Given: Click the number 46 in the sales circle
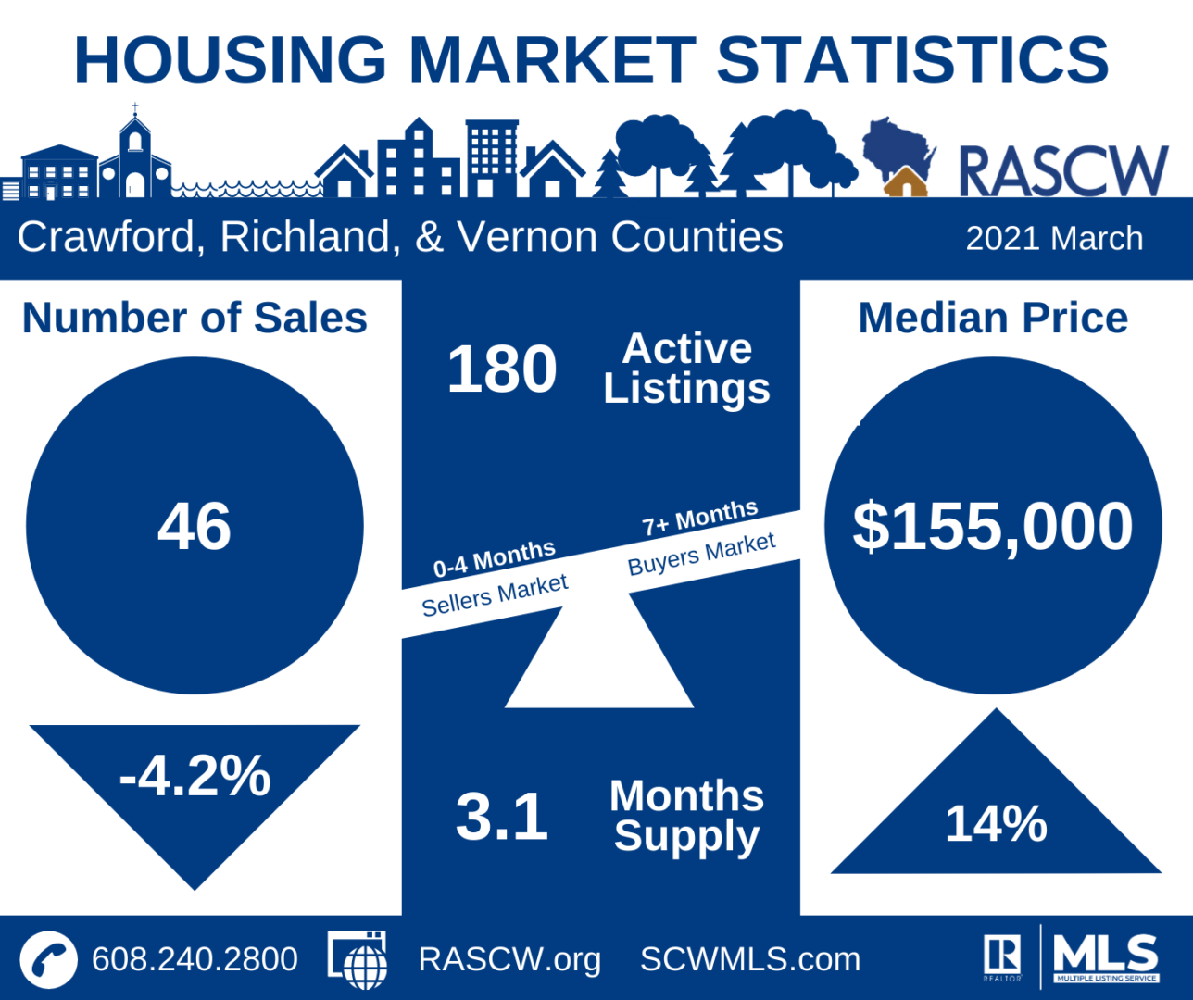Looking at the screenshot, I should point(195,526).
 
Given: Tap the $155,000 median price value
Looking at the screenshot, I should point(992,526).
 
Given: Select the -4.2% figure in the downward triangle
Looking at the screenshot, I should point(195,776).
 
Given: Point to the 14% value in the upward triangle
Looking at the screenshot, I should point(996,823).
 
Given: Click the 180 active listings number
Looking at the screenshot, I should point(502,369).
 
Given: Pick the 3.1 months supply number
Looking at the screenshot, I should point(502,817).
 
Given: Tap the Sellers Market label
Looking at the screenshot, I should point(495,594).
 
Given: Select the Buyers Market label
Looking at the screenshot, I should point(701,553).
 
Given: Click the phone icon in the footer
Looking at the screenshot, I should point(48,959).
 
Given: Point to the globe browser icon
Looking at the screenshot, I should point(358,960).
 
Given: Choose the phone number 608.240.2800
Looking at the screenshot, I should point(195,959).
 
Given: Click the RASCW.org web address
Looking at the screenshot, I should point(509,959).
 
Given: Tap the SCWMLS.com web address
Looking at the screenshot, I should point(750,959).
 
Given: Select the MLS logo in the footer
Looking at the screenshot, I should point(1106,957).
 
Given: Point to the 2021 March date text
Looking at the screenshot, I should point(1054,239).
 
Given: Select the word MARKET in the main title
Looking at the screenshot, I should point(552,60).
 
